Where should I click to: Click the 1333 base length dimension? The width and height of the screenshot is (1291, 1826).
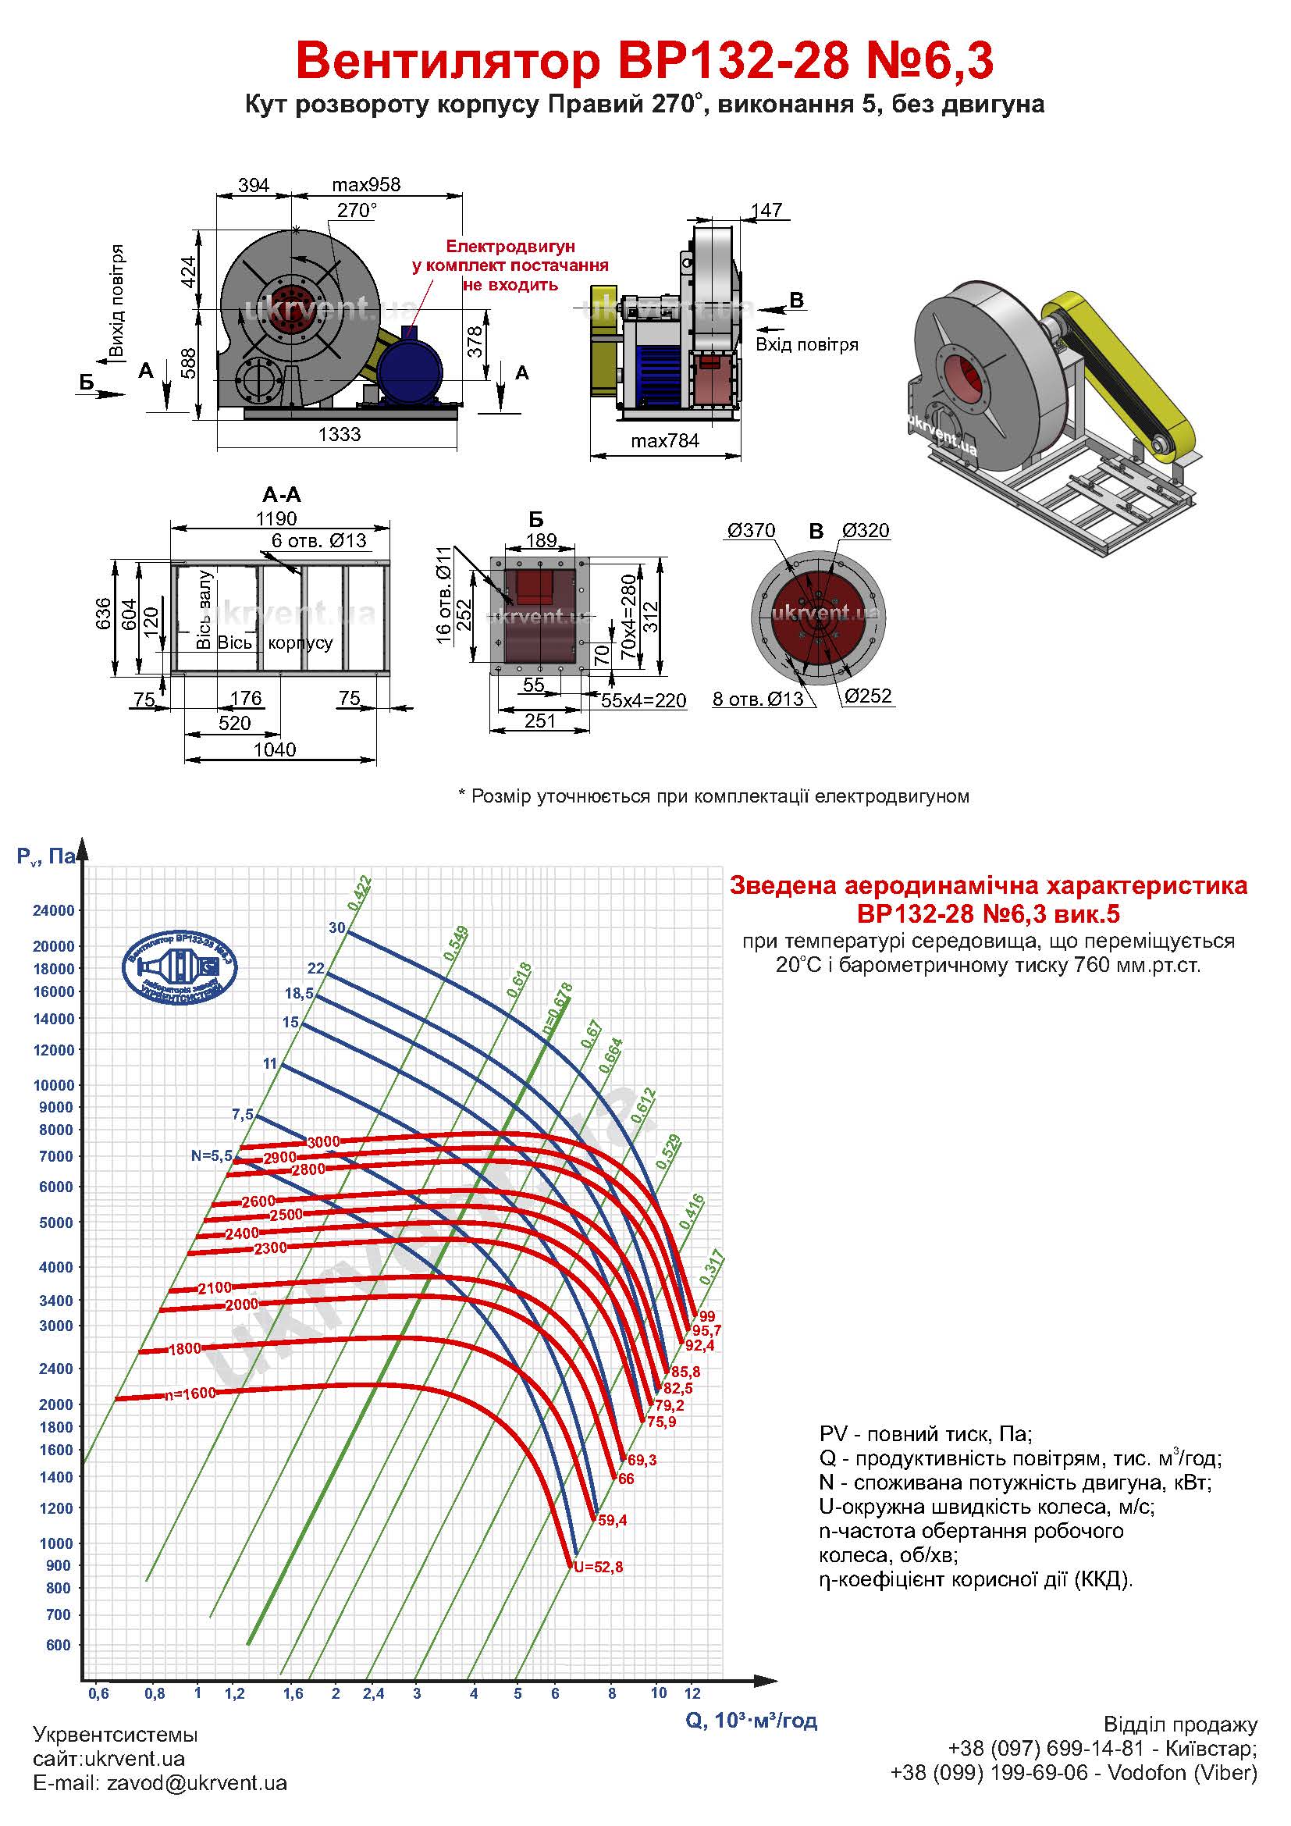340,434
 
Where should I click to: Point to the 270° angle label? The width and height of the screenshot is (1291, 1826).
356,210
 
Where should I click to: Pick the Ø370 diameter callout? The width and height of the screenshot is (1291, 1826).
750,530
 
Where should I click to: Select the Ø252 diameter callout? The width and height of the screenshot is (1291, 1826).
867,696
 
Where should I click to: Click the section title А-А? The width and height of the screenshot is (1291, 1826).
282,495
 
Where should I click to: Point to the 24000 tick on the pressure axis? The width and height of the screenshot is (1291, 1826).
53,910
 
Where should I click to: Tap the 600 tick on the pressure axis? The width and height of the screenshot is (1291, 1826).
58,1645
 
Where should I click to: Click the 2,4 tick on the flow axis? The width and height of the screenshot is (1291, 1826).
373,1693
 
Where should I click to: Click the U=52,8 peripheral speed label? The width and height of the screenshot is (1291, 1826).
599,1567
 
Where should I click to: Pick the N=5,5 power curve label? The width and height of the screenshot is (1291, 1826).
212,1155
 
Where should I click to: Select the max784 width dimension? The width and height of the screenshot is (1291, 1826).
664,440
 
